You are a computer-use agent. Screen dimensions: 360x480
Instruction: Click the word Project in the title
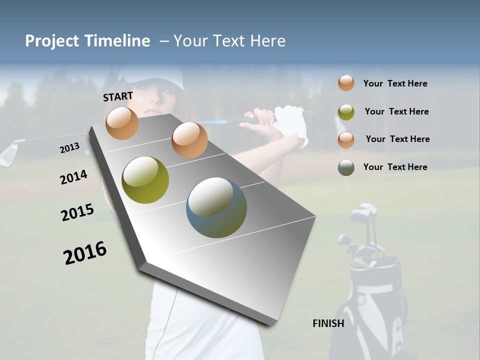pos(52,41)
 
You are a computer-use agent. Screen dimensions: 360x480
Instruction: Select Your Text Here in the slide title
pos(229,41)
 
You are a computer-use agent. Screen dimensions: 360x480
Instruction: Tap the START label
pos(118,96)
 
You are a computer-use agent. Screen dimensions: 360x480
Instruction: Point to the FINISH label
pos(328,323)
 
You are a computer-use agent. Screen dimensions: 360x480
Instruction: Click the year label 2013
pos(69,148)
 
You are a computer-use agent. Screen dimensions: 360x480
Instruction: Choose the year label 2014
pos(73,177)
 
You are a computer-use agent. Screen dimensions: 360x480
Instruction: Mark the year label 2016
pos(85,253)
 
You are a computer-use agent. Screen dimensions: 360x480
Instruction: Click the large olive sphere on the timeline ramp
pos(145,180)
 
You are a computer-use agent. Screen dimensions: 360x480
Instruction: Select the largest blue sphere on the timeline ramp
pos(216,207)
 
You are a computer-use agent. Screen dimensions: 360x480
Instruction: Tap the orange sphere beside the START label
pos(122,123)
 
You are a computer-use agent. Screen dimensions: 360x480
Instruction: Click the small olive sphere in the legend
pos(346,112)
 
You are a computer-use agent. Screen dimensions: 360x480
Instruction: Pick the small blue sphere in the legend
pos(346,167)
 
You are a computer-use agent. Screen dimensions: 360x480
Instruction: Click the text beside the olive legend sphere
pos(396,111)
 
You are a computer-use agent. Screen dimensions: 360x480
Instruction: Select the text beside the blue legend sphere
pos(395,167)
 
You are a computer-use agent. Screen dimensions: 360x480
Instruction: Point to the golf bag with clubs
pos(372,285)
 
